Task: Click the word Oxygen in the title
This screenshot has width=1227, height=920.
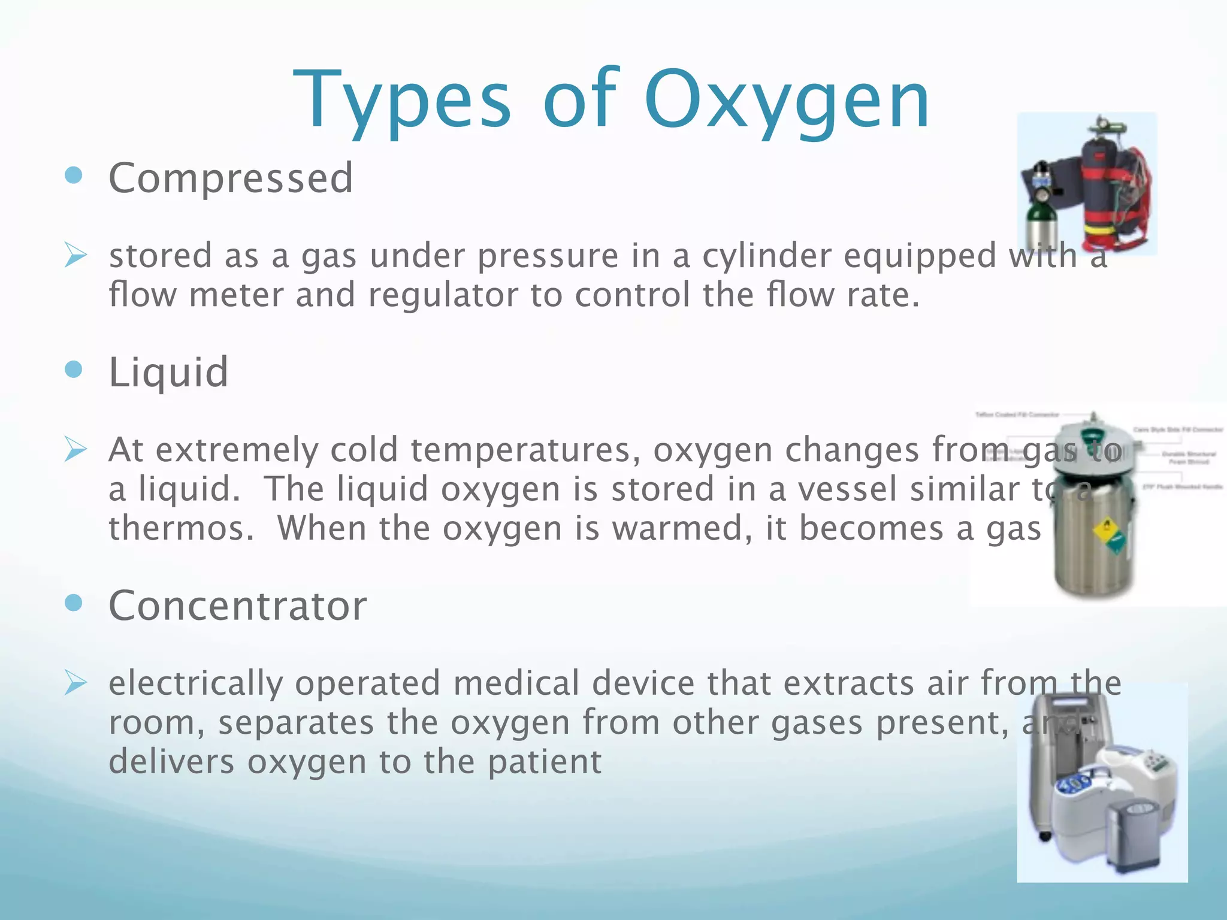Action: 786,101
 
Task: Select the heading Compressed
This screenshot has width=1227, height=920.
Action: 231,178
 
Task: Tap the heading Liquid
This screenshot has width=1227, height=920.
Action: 168,373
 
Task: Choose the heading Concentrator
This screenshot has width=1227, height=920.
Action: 237,606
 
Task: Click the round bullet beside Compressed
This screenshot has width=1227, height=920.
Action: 73,175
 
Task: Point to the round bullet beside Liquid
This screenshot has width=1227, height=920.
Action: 73,370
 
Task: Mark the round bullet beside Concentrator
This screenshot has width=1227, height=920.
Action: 73,603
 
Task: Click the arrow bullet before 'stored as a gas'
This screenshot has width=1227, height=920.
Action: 75,256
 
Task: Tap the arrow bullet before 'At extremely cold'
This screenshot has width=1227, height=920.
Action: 75,450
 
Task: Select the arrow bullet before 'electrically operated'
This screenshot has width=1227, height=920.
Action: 75,683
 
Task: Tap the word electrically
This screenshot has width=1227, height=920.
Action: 195,683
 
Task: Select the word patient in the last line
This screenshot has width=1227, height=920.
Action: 544,762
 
